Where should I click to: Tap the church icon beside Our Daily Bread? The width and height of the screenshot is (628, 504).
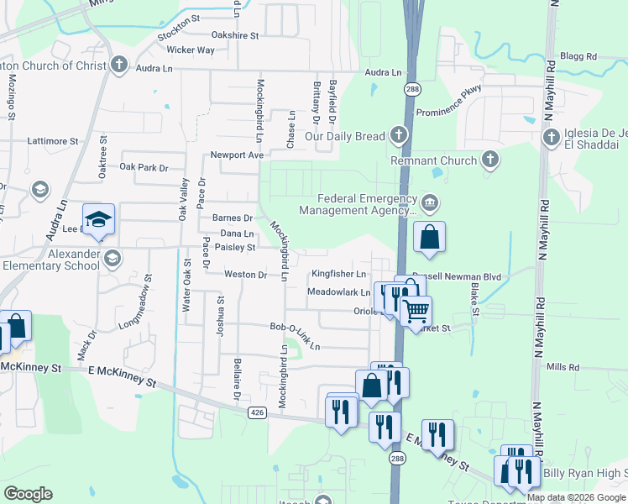[398, 135]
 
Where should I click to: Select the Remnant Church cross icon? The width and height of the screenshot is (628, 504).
[490, 160]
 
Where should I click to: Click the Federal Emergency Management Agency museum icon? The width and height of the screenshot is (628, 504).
[430, 202]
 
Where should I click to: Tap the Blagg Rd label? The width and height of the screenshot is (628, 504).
[579, 57]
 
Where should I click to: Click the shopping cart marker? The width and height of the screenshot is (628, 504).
[416, 311]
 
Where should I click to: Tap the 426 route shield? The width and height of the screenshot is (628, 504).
[258, 412]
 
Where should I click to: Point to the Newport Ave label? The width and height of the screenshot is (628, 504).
[237, 155]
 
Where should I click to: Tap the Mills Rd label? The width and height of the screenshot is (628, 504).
[563, 367]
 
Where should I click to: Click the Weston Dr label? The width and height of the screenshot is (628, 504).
[245, 275]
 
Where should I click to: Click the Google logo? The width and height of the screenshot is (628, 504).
[28, 494]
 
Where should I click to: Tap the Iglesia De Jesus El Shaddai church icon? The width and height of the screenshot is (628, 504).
[552, 136]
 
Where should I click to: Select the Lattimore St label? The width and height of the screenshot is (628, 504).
[52, 142]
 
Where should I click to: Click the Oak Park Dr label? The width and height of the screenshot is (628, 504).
[144, 168]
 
